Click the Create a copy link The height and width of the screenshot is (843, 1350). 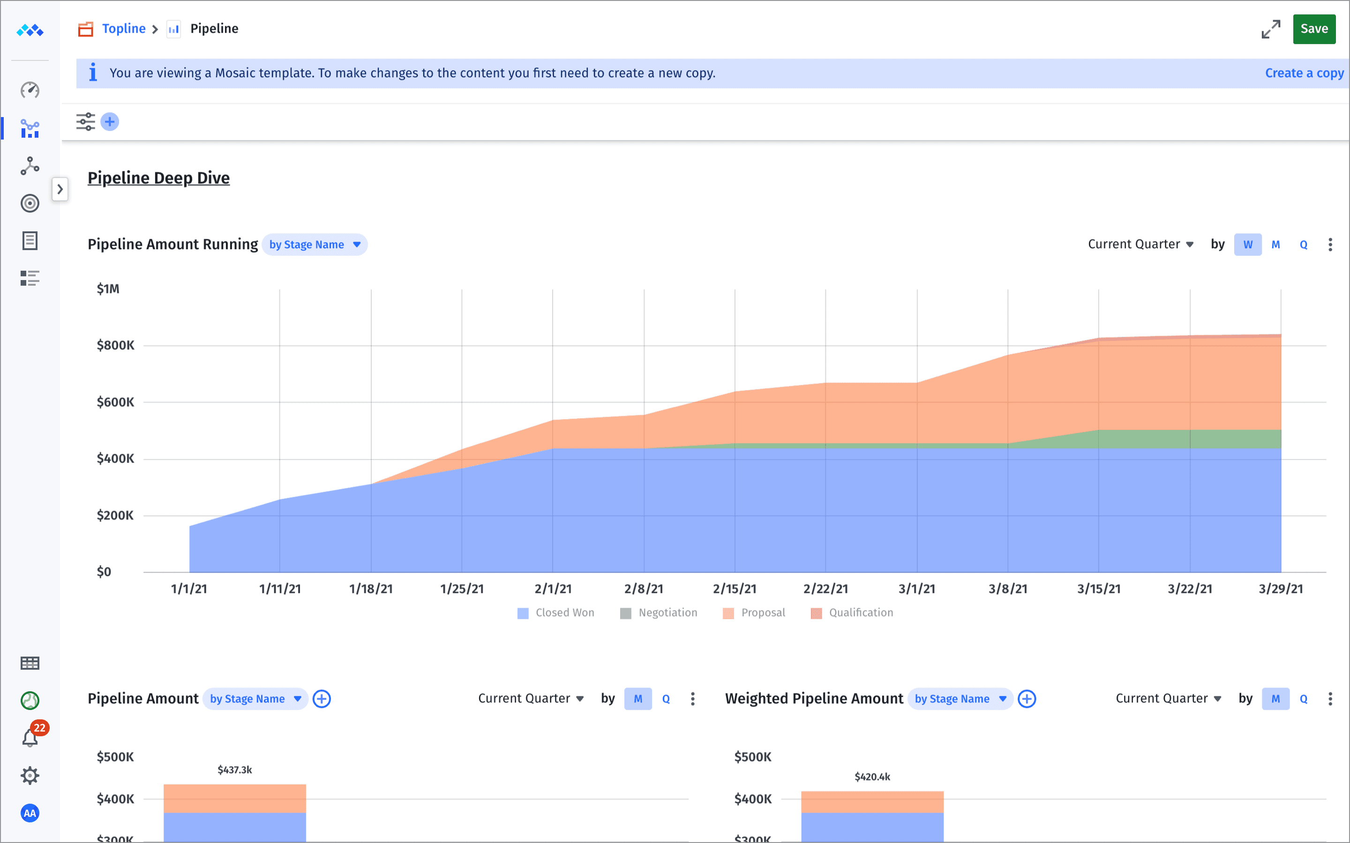tap(1304, 73)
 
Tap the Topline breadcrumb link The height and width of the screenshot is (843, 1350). tap(123, 29)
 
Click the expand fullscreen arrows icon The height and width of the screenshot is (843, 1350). tap(1270, 29)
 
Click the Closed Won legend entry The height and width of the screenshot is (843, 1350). tap(556, 613)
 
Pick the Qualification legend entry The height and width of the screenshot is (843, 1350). tap(852, 613)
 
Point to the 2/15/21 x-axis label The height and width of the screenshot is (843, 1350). tap(734, 589)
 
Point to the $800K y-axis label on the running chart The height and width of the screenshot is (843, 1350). tap(115, 345)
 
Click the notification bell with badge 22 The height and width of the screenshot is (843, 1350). tap(30, 738)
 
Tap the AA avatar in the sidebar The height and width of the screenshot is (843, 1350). tap(30, 813)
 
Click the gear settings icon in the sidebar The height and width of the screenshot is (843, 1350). tap(30, 776)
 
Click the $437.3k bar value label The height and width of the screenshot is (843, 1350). tap(234, 770)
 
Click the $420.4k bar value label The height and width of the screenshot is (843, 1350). tap(872, 776)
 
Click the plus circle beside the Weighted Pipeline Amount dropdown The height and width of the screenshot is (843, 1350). tap(1027, 699)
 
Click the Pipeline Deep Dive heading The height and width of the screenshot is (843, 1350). tap(158, 178)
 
